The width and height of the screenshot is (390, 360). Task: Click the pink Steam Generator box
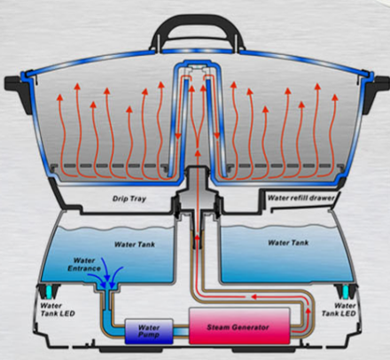click(x=239, y=325)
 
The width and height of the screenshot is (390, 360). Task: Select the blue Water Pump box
click(x=149, y=331)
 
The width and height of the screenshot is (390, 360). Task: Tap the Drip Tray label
click(x=129, y=199)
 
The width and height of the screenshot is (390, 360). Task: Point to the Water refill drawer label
click(x=300, y=198)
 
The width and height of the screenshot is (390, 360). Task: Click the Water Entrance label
click(x=84, y=264)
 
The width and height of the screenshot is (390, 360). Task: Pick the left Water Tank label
click(x=135, y=245)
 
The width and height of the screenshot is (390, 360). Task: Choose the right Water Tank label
click(x=288, y=243)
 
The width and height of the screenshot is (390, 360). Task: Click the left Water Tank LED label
click(x=58, y=309)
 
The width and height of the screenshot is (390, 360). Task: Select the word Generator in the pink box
click(x=251, y=327)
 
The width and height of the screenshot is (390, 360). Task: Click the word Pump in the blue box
click(x=148, y=335)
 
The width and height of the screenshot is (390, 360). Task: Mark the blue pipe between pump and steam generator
click(x=181, y=332)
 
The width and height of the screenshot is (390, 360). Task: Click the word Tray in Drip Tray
click(x=138, y=199)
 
